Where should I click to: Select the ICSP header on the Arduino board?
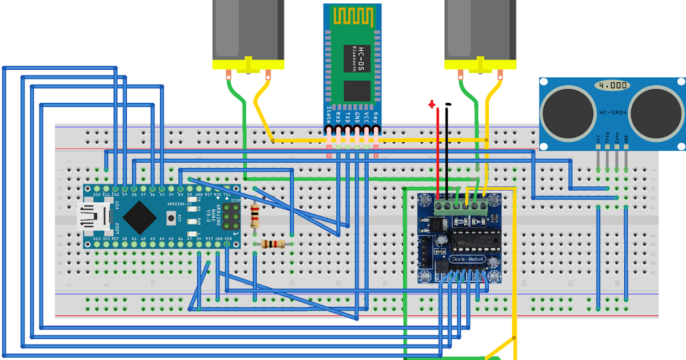(x=233, y=217)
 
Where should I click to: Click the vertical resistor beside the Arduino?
(x=255, y=217)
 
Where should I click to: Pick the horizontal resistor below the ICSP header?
(x=273, y=245)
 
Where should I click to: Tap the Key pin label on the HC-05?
(x=376, y=117)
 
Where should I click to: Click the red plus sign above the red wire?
(x=432, y=104)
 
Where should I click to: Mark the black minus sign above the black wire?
(x=448, y=104)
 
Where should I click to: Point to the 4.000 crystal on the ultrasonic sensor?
(x=613, y=86)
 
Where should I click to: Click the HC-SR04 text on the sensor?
(x=613, y=113)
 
